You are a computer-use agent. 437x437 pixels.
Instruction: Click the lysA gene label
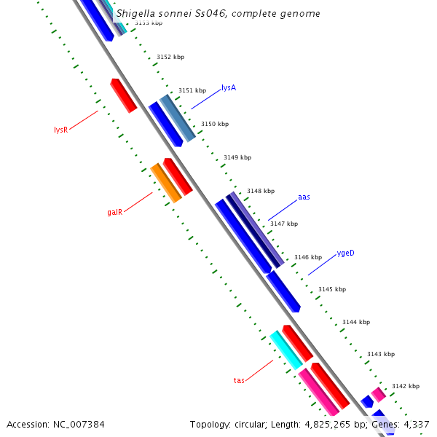coord(229,87)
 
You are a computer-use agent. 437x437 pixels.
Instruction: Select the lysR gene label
coord(60,130)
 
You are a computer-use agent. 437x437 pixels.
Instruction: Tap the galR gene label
coord(114,213)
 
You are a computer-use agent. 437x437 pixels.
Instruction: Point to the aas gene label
coord(304,197)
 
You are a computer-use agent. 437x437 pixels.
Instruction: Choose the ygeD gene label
coord(345,253)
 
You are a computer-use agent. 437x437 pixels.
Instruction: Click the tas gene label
coord(239,380)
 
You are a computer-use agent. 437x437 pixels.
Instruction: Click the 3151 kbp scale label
coord(192,91)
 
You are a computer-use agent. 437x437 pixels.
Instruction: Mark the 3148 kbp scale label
coord(261,191)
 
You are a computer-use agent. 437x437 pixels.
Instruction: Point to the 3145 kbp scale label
coord(332,289)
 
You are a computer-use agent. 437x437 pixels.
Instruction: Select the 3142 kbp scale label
coord(406,386)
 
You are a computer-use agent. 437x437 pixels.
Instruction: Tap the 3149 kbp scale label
coord(237,157)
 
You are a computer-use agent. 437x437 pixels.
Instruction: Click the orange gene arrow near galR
coord(166,183)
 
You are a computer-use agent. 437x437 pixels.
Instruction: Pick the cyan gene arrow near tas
coord(286,350)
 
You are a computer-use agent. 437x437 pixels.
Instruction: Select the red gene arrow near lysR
coord(124,95)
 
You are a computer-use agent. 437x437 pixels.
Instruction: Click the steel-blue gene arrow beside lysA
coord(178,118)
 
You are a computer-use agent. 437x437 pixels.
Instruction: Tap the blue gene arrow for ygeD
coord(283,292)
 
